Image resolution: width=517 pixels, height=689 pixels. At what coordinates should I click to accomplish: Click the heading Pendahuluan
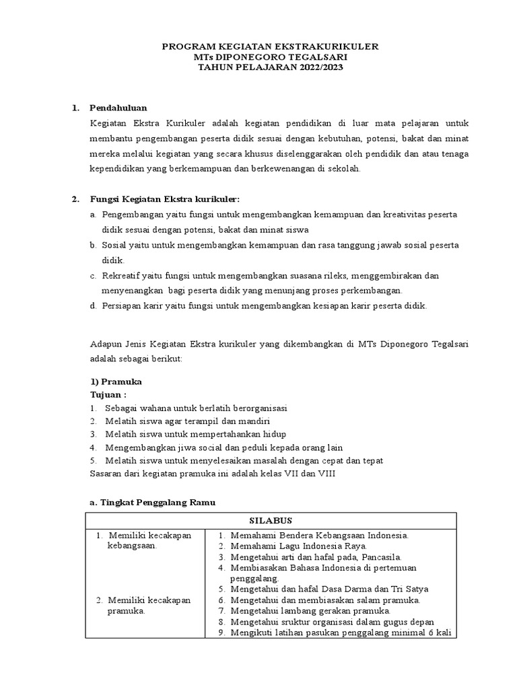[118, 108]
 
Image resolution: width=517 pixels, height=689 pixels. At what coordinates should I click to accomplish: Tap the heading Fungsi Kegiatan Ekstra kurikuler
[165, 199]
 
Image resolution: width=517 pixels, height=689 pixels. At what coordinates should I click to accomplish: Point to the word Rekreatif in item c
[120, 276]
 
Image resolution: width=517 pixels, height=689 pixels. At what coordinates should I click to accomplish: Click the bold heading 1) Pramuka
[116, 382]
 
